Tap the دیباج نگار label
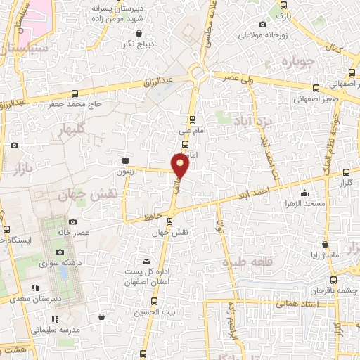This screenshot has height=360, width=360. coord(139,44)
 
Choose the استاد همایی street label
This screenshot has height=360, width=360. coord(299,304)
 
